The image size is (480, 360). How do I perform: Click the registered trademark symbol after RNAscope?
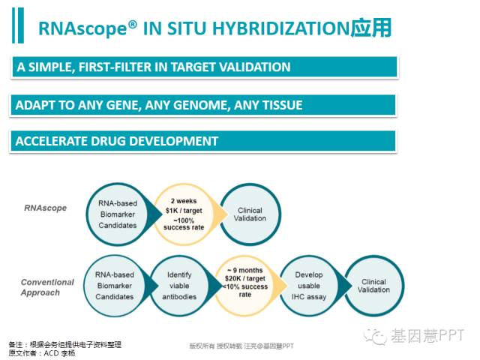click(x=132, y=25)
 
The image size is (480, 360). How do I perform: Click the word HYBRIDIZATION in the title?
click(x=280, y=28)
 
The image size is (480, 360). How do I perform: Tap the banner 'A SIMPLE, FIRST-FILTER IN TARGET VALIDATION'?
click(x=204, y=67)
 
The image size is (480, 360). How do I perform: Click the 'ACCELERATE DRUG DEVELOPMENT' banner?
click(x=203, y=141)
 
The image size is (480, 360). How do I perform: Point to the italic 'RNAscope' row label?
click(x=45, y=208)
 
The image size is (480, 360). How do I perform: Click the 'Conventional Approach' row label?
click(x=47, y=287)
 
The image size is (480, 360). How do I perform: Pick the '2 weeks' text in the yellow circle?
click(x=184, y=201)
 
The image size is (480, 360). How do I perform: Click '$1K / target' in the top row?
click(x=184, y=211)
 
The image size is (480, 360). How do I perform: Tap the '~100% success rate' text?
click(x=184, y=223)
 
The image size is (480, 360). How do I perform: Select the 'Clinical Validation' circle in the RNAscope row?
click(x=250, y=214)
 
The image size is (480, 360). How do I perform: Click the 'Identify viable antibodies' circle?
click(x=179, y=286)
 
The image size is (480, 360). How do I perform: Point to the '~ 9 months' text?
click(x=245, y=270)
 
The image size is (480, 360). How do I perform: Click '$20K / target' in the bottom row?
click(x=245, y=278)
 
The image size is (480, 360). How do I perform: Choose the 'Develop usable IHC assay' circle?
click(x=308, y=286)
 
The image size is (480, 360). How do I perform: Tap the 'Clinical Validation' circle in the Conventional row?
click(x=373, y=286)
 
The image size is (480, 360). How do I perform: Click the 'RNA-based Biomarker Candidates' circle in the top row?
click(x=118, y=214)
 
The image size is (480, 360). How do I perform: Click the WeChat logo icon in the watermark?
click(x=375, y=337)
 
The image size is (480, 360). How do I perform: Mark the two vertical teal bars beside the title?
click(x=18, y=25)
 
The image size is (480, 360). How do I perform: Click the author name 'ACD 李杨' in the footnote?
click(x=59, y=353)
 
